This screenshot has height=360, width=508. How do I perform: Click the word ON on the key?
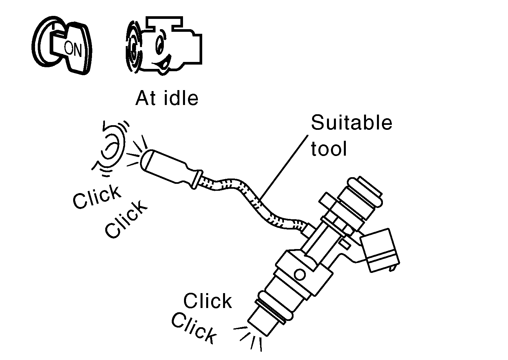click(72, 49)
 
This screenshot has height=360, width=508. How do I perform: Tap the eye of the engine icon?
click(160, 44)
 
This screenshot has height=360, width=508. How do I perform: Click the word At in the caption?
click(146, 98)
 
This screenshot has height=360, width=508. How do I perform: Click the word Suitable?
click(351, 123)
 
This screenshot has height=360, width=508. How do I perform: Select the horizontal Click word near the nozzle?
click(208, 301)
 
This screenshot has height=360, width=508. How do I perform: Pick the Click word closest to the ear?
click(96, 197)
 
